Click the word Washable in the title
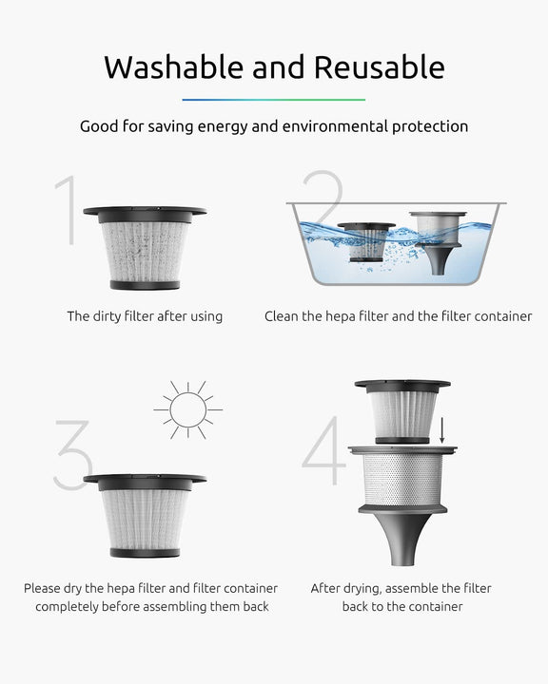(173, 67)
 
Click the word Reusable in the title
(380, 67)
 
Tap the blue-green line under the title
(274, 100)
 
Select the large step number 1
(67, 210)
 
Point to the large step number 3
(73, 455)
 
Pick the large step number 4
(323, 449)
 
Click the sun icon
(188, 409)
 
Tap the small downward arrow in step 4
(441, 430)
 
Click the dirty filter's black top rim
(145, 214)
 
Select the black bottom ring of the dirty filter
(145, 285)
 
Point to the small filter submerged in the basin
(366, 242)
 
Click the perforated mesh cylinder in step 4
(402, 480)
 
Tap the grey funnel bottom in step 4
(402, 536)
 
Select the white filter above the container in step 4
(402, 411)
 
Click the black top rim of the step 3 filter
(145, 482)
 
